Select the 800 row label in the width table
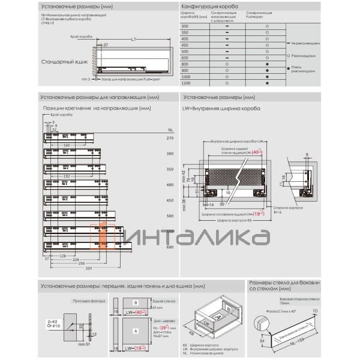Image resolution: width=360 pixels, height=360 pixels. [185, 64]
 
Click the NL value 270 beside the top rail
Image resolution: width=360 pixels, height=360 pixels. [170, 138]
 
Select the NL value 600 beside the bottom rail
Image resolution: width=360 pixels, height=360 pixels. [170, 247]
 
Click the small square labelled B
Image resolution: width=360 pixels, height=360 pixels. [136, 303]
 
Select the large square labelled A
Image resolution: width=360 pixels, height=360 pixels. [136, 330]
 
